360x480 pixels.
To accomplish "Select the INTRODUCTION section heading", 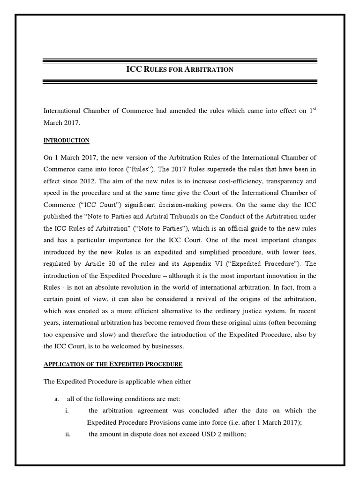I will [x=66, y=141].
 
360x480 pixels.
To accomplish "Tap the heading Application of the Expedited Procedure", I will [x=113, y=364].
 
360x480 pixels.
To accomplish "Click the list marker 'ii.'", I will [x=68, y=435].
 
